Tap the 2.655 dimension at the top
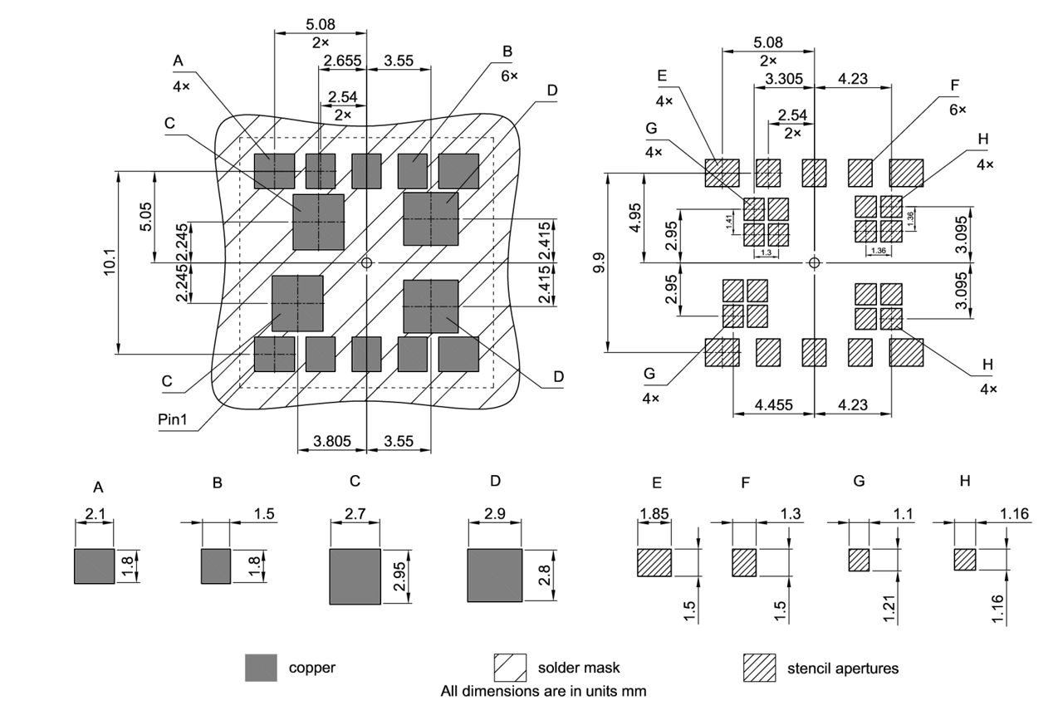(x=342, y=61)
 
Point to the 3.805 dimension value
(x=331, y=443)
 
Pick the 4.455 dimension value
(x=773, y=405)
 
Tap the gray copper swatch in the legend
(x=261, y=668)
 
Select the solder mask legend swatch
(x=510, y=668)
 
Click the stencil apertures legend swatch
(x=758, y=668)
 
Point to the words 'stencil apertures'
(x=842, y=668)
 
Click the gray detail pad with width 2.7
(x=355, y=576)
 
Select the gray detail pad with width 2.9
(x=494, y=575)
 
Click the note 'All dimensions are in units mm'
(x=543, y=690)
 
